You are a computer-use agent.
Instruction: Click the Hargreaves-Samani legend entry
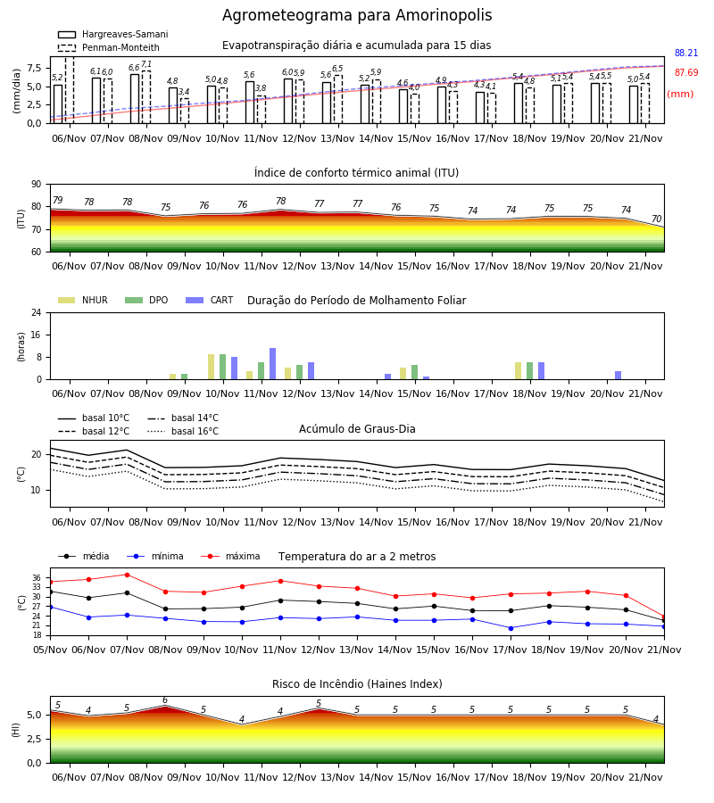click(x=112, y=34)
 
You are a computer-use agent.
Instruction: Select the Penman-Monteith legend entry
click(x=109, y=47)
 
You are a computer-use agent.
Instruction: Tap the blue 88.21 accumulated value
click(x=686, y=53)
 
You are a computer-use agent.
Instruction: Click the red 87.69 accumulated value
click(x=686, y=73)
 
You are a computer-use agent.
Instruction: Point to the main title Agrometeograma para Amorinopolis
click(x=357, y=15)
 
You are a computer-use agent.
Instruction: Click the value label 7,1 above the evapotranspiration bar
click(x=146, y=64)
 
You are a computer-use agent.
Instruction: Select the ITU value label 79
click(x=58, y=200)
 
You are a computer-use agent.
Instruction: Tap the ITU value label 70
click(x=656, y=219)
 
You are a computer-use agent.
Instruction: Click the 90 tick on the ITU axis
click(x=37, y=185)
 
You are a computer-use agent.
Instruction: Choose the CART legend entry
click(x=210, y=300)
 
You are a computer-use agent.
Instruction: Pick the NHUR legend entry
click(x=83, y=300)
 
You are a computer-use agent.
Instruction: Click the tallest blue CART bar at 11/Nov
click(x=272, y=364)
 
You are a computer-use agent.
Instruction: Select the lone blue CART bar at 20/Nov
click(x=619, y=376)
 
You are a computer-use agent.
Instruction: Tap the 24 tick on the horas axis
click(x=37, y=312)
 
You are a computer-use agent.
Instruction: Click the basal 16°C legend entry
click(x=183, y=431)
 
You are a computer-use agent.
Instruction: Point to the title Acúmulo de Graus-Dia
click(x=357, y=429)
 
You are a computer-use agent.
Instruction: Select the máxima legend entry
click(x=230, y=556)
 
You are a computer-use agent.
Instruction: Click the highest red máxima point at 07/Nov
click(x=127, y=575)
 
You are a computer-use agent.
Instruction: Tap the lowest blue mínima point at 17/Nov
click(x=511, y=628)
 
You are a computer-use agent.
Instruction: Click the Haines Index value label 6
click(x=165, y=700)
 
